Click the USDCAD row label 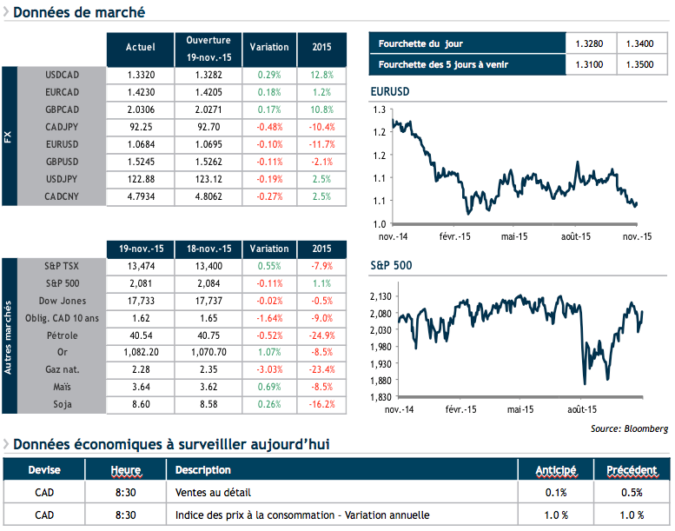coord(62,75)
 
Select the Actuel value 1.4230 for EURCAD coord(141,92)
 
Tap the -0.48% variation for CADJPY coord(269,127)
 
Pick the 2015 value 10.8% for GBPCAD coord(321,110)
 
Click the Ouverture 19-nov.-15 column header coord(208,48)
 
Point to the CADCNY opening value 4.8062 coord(208,196)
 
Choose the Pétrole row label coord(62,335)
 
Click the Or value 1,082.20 coord(141,352)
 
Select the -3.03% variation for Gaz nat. coord(269,369)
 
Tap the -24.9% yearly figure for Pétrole coord(321,335)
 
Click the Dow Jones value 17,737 coord(208,300)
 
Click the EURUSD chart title coord(389,91)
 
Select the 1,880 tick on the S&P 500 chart coord(383,380)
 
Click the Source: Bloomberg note coord(629,428)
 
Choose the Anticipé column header coord(556,470)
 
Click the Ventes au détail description coord(209,493)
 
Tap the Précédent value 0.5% coord(632,493)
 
